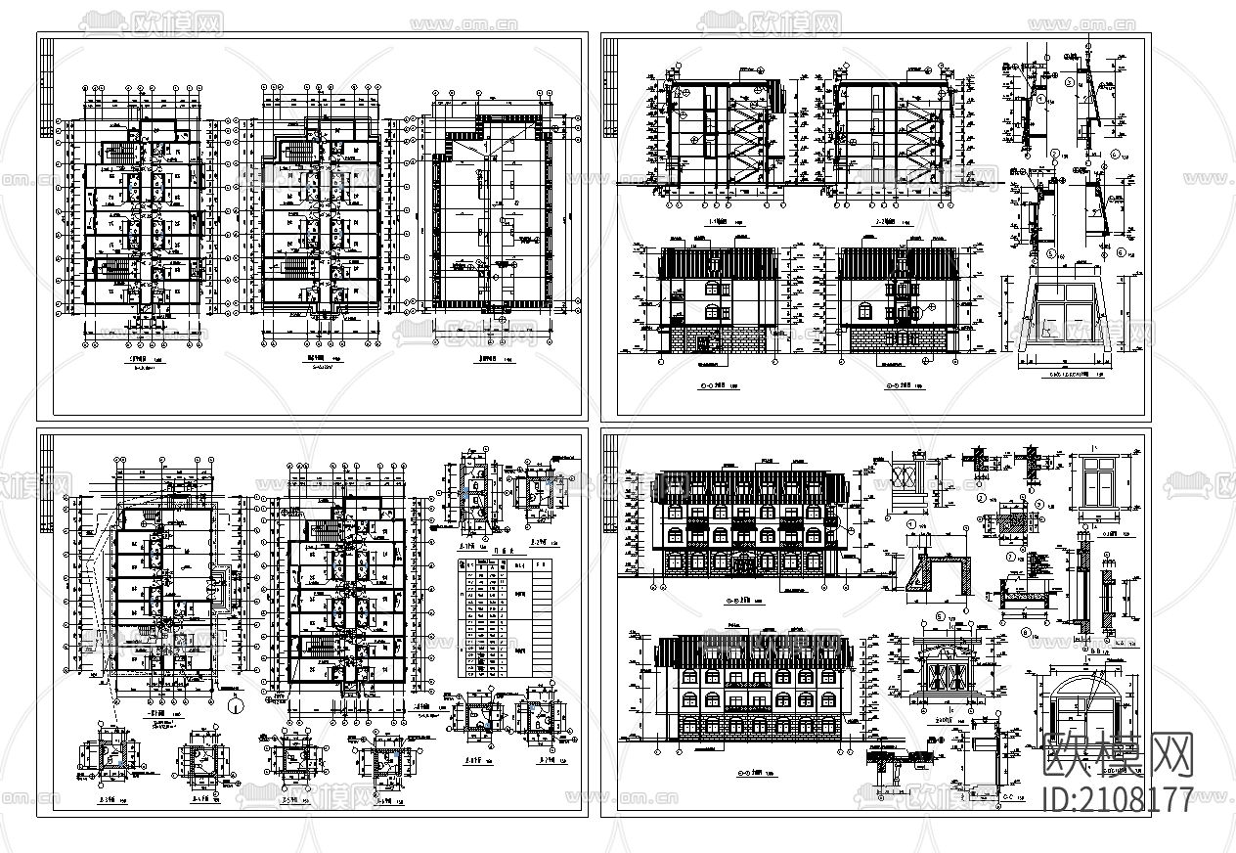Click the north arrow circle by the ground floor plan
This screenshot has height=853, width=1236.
pyautogui.click(x=235, y=703)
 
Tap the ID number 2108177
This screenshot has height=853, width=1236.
pyautogui.click(x=1120, y=799)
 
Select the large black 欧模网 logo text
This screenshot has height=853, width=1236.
pyautogui.click(x=1121, y=756)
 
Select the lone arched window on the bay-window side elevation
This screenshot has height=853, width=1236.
pyautogui.click(x=866, y=311)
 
